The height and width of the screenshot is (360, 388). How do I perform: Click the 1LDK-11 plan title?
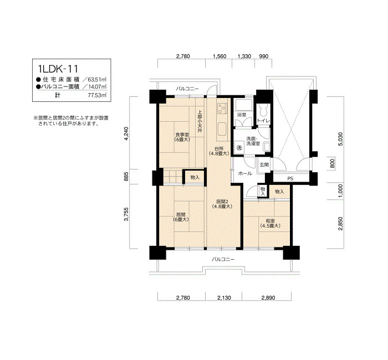(58, 69)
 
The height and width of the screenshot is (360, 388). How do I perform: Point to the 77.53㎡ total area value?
(97, 95)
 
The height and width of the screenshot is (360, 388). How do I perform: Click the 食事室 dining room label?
(182, 135)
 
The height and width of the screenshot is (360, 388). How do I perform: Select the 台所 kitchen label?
(219, 148)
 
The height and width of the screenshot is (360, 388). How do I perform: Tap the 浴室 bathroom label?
(242, 115)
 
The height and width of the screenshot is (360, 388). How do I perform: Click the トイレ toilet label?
(263, 121)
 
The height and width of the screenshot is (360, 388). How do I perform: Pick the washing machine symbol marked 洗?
(239, 148)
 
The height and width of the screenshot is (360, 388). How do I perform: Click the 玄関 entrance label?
(264, 164)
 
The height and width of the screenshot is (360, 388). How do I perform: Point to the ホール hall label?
(245, 173)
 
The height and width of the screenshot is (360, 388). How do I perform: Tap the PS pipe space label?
(290, 178)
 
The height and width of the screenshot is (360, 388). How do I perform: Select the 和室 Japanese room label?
(270, 221)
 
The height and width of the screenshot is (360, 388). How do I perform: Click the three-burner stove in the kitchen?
(222, 109)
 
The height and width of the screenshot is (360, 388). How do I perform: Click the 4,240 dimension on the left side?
(126, 133)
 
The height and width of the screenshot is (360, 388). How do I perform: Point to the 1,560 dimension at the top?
(219, 56)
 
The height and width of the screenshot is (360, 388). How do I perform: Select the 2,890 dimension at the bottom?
(268, 298)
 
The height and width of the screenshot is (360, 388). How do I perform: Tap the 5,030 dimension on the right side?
(340, 139)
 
